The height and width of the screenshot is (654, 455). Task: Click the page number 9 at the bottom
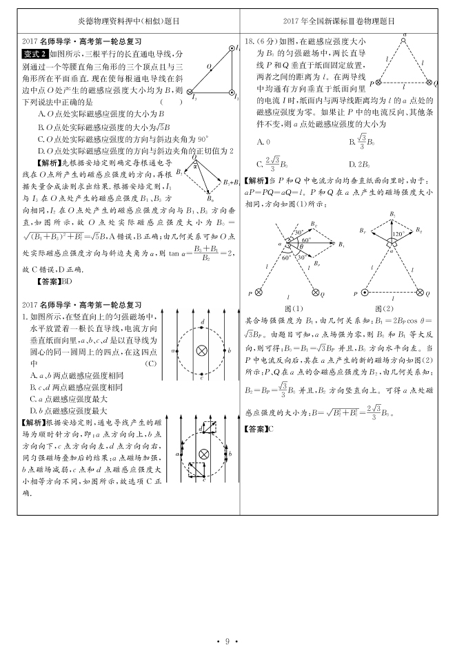click(227, 641)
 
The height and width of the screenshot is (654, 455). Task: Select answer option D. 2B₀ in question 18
click(360, 164)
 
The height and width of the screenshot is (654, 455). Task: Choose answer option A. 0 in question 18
click(263, 141)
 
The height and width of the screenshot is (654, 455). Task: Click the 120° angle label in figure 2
click(396, 234)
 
